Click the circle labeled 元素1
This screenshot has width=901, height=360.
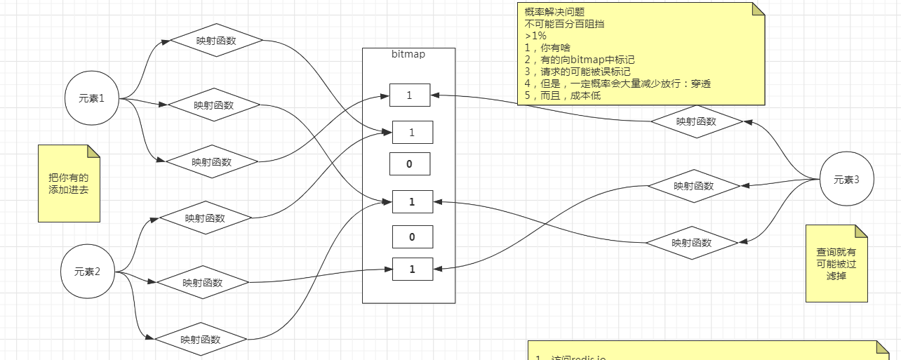pos(91,98)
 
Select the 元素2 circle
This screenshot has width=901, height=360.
pos(88,272)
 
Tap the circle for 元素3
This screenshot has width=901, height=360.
pos(846,180)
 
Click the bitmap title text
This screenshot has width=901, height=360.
pos(408,54)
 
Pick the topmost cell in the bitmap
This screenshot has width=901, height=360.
pos(410,95)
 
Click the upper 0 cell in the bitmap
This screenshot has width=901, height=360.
pos(410,164)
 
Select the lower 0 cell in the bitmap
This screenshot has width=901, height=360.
pos(412,237)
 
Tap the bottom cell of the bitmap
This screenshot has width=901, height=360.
pos(412,269)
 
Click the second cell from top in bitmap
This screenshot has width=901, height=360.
pos(412,132)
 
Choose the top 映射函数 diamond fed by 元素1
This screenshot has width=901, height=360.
pos(216,41)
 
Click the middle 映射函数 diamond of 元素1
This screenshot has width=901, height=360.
pos(214,105)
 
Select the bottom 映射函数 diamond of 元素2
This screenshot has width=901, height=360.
pos(201,340)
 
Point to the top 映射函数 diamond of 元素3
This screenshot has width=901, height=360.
pos(696,121)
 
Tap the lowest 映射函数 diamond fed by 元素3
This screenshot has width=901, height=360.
pos(692,243)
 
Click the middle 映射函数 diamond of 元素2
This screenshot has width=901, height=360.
pos(203,283)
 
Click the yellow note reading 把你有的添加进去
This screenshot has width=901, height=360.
pos(69,184)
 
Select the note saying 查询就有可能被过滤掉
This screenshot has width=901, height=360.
pos(836,264)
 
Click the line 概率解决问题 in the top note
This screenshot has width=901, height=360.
pos(554,12)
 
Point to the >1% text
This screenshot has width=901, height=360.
pos(535,36)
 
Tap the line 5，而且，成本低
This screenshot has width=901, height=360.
pos(562,95)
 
